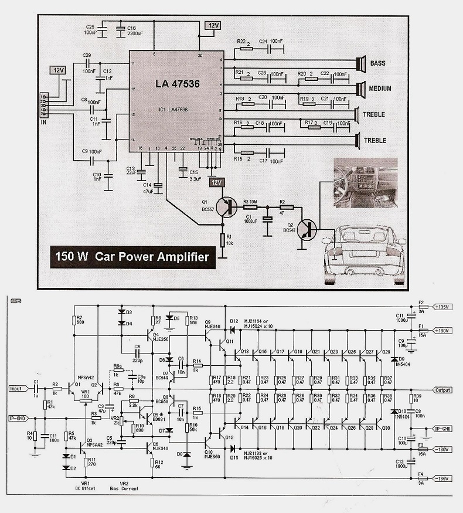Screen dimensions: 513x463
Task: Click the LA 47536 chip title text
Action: (x=178, y=84)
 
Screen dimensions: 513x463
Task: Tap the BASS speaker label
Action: (x=378, y=63)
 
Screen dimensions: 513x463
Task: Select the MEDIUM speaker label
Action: (x=381, y=89)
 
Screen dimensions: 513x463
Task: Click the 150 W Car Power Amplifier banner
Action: (x=132, y=256)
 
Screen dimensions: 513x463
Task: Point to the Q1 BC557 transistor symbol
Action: (x=225, y=206)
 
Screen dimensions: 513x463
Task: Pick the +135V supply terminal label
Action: (x=441, y=306)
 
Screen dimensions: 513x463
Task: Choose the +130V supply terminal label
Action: (x=441, y=331)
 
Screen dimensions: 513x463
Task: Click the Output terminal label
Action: (x=442, y=390)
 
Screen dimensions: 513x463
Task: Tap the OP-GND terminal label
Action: (x=442, y=429)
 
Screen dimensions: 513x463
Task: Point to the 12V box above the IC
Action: (x=212, y=26)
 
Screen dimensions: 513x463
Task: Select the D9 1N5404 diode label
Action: (x=402, y=361)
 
